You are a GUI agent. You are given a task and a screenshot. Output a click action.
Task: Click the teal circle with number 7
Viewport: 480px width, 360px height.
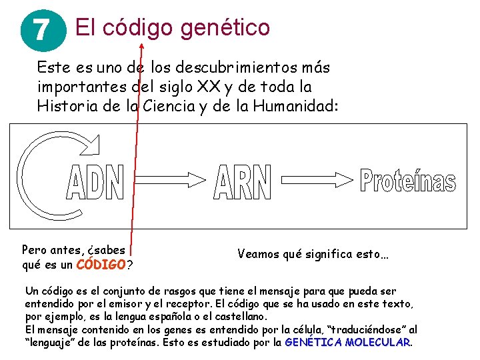[x=41, y=30]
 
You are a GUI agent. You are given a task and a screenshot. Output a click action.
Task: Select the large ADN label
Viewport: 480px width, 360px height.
[x=95, y=182]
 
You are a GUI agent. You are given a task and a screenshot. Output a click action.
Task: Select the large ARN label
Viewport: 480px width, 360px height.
[x=243, y=182]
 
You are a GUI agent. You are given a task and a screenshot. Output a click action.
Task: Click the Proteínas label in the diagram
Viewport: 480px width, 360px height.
[x=407, y=181]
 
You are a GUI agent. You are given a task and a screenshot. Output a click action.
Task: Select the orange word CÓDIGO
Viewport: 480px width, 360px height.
[x=101, y=265]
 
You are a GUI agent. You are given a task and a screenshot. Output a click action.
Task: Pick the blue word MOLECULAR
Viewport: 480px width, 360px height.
[x=376, y=343]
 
